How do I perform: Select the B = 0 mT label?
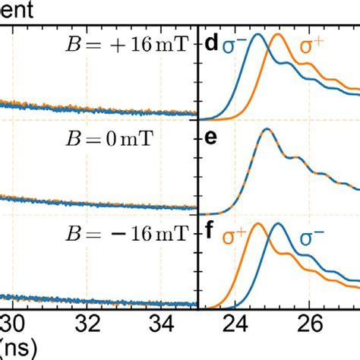148,140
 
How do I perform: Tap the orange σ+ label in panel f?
233,236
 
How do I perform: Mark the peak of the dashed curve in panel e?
267,129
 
